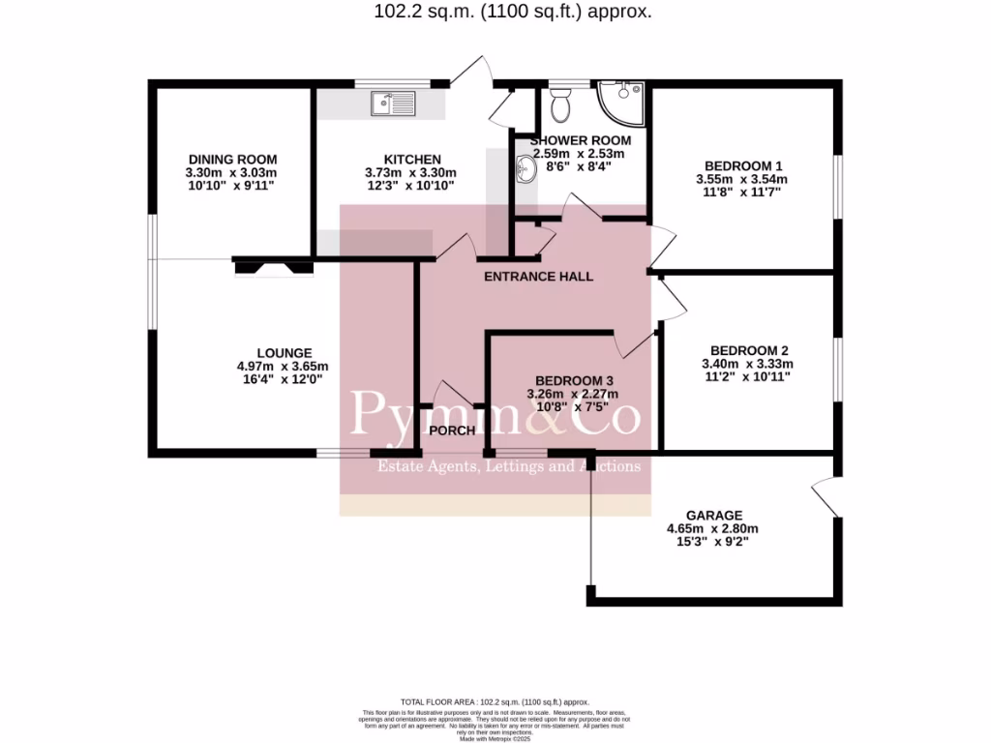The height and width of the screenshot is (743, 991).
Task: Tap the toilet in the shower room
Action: click(559, 101)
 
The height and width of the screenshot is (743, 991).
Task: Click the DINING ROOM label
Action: click(232, 160)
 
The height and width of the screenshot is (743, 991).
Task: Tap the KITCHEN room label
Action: click(412, 160)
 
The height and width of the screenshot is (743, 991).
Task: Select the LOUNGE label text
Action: click(284, 353)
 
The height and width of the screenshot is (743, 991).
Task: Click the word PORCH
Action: click(453, 431)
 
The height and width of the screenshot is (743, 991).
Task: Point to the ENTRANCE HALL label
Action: click(538, 277)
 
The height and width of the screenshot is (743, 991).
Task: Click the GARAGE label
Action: click(714, 516)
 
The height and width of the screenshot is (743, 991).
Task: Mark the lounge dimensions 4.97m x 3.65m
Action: click(284, 367)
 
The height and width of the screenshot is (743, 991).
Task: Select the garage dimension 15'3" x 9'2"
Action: click(712, 542)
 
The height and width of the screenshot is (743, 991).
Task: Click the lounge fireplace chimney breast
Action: click(273, 265)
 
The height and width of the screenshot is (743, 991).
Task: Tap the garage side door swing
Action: click(823, 496)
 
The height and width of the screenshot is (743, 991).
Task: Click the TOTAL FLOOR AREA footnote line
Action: click(495, 702)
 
